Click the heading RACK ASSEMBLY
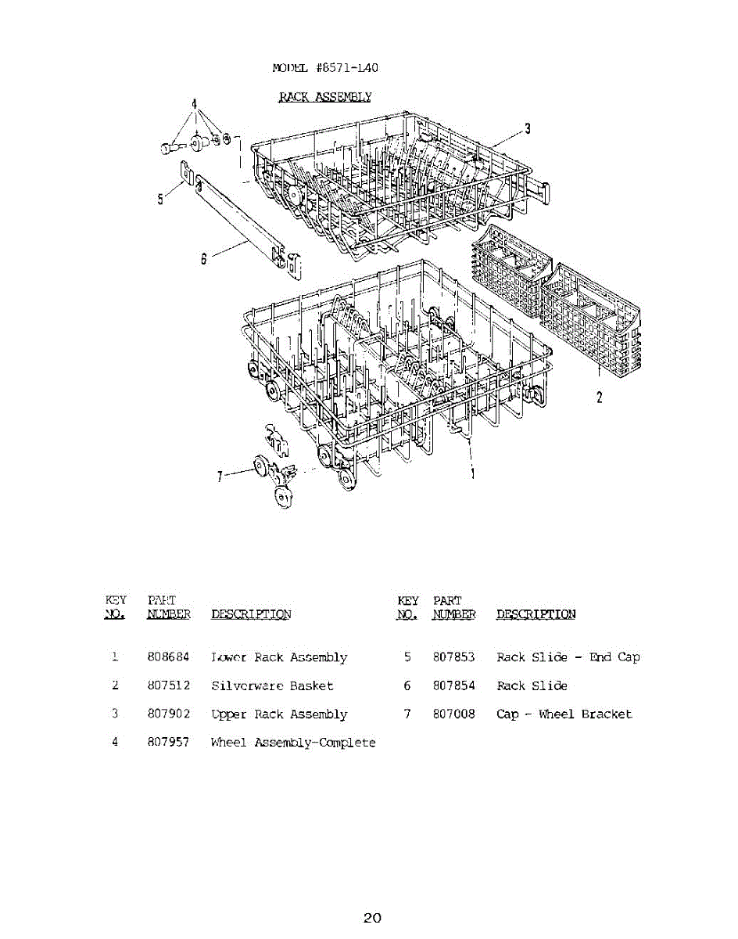[325, 96]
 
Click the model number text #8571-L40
[348, 67]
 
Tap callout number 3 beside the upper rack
[528, 129]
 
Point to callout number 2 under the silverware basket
[600, 397]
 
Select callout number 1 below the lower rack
[473, 473]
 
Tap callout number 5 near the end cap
[160, 199]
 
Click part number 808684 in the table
[168, 657]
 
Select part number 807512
[168, 685]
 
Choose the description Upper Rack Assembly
[279, 714]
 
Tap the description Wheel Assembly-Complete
[293, 743]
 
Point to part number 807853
[454, 657]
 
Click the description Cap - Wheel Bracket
[564, 714]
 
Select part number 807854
[454, 685]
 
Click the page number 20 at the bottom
[372, 918]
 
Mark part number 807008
[454, 714]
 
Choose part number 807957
[168, 743]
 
